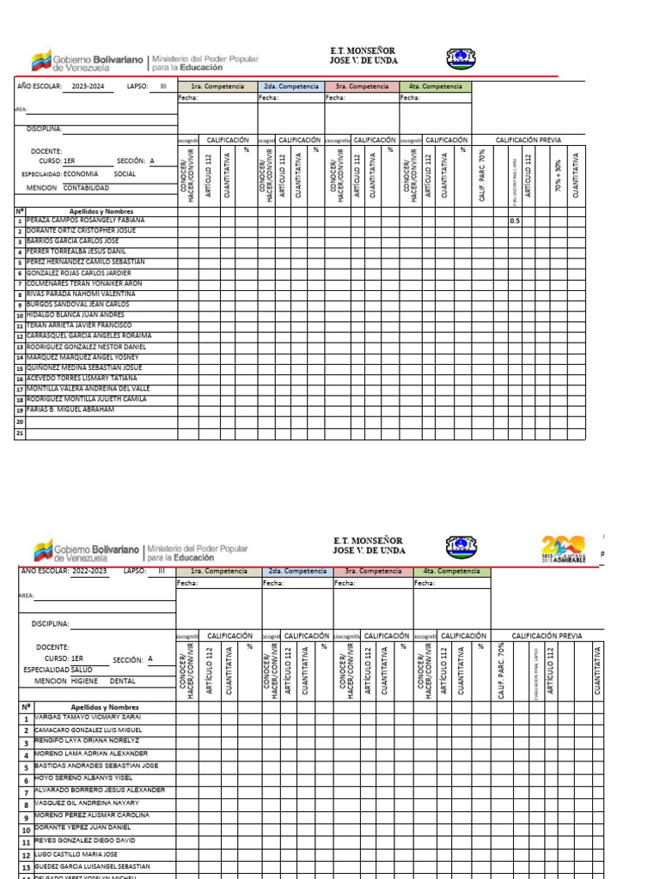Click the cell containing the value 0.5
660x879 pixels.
coord(515,221)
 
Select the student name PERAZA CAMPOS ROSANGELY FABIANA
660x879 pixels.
coord(86,220)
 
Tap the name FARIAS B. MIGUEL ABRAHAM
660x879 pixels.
coord(70,409)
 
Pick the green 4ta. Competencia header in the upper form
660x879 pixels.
coord(436,87)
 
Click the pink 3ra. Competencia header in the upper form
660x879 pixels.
coord(362,87)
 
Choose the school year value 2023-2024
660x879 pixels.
coord(93,87)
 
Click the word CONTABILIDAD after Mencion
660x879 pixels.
coord(86,187)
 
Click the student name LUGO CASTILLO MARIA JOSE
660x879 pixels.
coord(77,854)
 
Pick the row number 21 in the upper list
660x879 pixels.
coord(20,433)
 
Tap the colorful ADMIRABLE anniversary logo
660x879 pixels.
coord(564,548)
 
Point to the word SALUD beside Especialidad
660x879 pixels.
coord(82,668)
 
